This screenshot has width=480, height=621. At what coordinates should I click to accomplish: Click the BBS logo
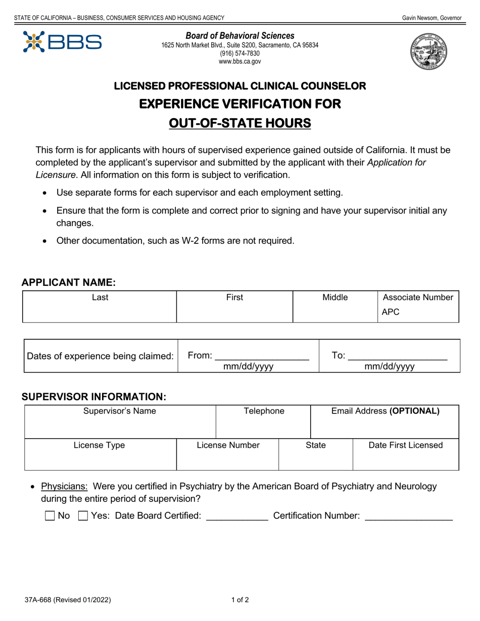coord(62,42)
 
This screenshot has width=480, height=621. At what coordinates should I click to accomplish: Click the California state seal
coord(428,52)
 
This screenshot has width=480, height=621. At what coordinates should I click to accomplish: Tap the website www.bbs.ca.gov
coord(239,62)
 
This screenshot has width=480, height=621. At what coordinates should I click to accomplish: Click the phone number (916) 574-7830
coord(239,54)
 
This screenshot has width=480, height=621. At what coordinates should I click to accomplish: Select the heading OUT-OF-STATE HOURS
coord(239,123)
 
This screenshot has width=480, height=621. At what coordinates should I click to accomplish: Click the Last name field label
coord(100,298)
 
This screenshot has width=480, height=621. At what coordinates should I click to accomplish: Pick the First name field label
coord(234,298)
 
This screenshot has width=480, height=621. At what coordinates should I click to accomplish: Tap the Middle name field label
coord(335,298)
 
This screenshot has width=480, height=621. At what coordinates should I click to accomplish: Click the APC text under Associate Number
coord(391,312)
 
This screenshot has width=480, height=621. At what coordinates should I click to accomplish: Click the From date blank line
coord(262,356)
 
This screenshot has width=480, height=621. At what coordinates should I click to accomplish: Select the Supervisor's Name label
coord(120,411)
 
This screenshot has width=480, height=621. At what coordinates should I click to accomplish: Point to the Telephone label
coord(264,411)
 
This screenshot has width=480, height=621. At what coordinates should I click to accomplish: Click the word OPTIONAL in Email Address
coord(414,411)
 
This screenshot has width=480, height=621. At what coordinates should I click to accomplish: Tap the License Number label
coord(228,445)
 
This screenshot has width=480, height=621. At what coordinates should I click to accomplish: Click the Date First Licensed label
coord(406,445)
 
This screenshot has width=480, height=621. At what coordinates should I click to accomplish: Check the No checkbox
coord(50,516)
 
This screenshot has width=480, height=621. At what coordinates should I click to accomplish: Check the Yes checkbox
coord(83,516)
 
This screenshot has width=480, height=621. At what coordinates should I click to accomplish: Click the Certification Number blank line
coord(408,517)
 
